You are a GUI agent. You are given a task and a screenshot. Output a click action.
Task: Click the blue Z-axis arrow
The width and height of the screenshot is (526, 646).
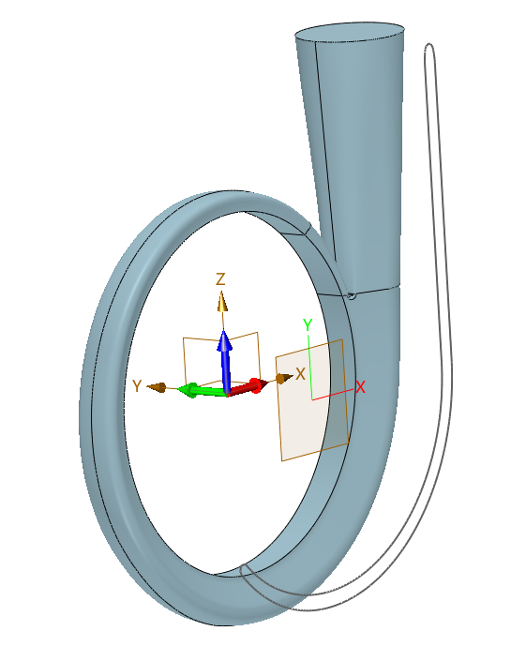pyautogui.click(x=224, y=360)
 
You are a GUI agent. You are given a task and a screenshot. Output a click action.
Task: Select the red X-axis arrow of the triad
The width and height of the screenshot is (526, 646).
pyautogui.click(x=248, y=387)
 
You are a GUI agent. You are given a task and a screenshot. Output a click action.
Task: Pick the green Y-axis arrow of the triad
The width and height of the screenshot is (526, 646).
pyautogui.click(x=202, y=390)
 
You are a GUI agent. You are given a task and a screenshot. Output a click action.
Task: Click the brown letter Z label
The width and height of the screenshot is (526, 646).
pyautogui.click(x=220, y=279)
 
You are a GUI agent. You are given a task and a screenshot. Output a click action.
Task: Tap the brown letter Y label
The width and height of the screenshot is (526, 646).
pyautogui.click(x=137, y=386)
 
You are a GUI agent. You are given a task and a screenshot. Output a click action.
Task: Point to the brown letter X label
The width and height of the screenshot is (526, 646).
pyautogui.click(x=300, y=374)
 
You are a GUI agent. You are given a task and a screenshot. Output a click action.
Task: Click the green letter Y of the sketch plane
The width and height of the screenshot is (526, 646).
pyautogui.click(x=308, y=325)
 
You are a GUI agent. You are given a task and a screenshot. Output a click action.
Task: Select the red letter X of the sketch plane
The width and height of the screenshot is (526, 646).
pyautogui.click(x=360, y=387)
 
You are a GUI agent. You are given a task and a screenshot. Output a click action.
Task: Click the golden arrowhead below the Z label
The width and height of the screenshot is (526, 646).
pyautogui.click(x=222, y=301)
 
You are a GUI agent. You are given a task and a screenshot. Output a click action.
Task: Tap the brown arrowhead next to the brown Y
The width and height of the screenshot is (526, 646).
pyautogui.click(x=157, y=387)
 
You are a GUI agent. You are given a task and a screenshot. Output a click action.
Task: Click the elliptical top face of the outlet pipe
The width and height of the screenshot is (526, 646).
pyautogui.click(x=350, y=32)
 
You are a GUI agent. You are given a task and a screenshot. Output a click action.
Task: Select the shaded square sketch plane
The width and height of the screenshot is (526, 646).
pyautogui.click(x=312, y=399)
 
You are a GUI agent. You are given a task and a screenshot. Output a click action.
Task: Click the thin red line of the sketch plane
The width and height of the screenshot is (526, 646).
pyautogui.click(x=333, y=395)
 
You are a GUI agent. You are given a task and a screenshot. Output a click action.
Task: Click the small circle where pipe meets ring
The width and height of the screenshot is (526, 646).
pyautogui.click(x=352, y=295)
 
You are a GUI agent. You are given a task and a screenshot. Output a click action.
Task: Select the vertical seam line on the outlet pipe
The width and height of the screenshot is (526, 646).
pyautogui.click(x=325, y=153)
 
